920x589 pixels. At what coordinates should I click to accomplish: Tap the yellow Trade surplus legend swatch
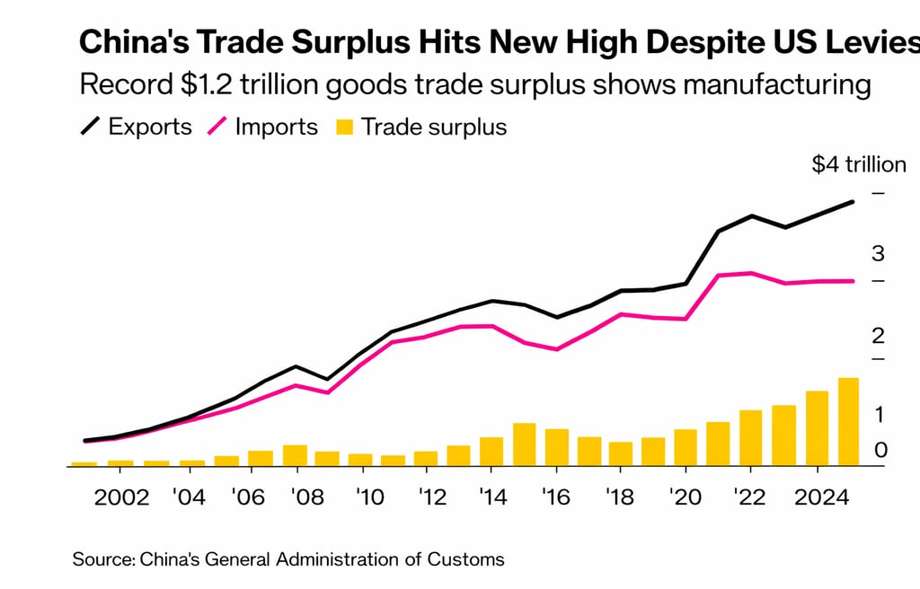[x=344, y=127]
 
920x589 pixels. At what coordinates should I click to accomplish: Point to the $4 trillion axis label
[x=859, y=165]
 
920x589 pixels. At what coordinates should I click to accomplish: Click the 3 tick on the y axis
[x=878, y=254]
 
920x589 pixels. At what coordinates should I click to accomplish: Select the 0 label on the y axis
[x=880, y=450]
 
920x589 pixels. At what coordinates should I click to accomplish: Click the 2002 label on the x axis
[x=121, y=497]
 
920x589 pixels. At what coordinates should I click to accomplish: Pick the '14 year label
[x=491, y=497]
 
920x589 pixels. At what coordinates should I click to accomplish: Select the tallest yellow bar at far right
[x=848, y=422]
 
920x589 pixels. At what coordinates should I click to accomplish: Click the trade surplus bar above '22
[x=750, y=438]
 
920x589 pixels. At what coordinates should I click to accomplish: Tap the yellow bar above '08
[x=295, y=455]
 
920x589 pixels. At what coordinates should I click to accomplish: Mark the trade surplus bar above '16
[x=557, y=447]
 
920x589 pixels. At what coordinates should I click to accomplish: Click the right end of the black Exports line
[x=852, y=203]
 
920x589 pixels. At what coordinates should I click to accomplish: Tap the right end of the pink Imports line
[x=852, y=281]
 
